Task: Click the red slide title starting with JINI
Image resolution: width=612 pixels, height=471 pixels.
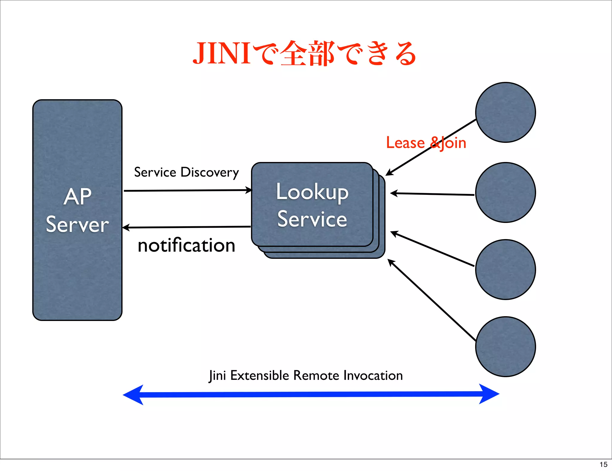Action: coord(304,54)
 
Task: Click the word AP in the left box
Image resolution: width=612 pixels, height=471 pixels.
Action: coord(77,197)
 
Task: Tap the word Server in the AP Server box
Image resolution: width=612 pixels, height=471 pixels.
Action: coord(77,224)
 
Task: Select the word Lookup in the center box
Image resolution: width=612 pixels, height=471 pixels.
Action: coord(312,192)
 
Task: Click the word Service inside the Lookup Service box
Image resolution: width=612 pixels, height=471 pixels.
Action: coord(312,219)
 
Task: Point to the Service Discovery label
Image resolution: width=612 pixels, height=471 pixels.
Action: coord(186,172)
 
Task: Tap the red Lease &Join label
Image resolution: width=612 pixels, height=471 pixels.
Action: coord(426,143)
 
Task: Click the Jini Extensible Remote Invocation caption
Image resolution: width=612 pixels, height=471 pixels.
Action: coord(306,375)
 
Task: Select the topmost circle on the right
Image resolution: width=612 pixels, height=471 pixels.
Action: coord(505,112)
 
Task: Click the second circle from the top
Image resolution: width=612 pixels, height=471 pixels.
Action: coord(505,192)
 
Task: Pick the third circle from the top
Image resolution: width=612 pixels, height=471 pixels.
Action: coord(505,270)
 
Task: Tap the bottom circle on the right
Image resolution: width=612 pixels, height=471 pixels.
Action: coord(505,347)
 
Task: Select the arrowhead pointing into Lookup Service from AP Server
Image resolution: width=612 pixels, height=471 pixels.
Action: coord(249,190)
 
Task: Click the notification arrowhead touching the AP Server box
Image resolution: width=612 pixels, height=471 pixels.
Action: coord(126,228)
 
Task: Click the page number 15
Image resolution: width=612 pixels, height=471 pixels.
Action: coord(603,464)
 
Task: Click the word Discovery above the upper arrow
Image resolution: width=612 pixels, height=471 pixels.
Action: coord(209,172)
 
